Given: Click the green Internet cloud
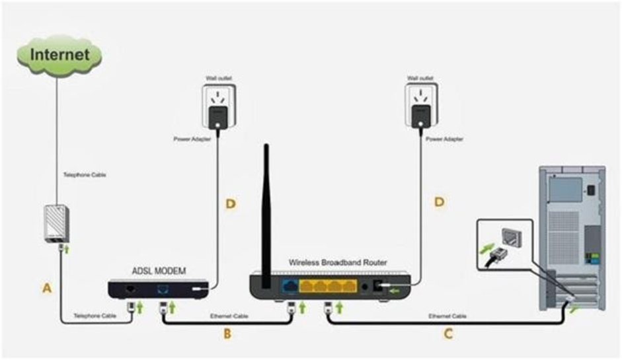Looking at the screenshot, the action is (x=59, y=55).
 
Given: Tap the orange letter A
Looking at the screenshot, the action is (x=47, y=288).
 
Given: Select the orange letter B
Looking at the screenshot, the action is (x=227, y=334).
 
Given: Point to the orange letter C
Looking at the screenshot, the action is (x=448, y=334).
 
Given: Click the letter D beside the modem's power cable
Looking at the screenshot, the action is (x=231, y=204).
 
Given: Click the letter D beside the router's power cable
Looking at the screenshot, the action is (x=439, y=202).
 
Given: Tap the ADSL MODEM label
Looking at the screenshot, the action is (x=159, y=271).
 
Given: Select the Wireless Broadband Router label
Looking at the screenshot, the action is (x=338, y=262).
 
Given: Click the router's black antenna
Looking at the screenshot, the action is (x=266, y=216).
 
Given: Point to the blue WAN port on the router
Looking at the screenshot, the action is (x=290, y=285).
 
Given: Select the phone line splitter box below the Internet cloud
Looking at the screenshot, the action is (x=57, y=223).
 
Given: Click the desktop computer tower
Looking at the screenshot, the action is (x=572, y=238).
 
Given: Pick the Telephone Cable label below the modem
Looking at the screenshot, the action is (x=95, y=316).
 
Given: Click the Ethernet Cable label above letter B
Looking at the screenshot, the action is (x=229, y=316).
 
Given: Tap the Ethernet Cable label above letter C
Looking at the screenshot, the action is (x=447, y=316).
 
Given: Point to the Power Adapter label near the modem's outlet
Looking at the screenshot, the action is (x=192, y=139).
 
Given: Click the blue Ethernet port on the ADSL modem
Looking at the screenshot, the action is (x=163, y=289).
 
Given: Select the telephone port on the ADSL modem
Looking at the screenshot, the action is (x=130, y=289).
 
